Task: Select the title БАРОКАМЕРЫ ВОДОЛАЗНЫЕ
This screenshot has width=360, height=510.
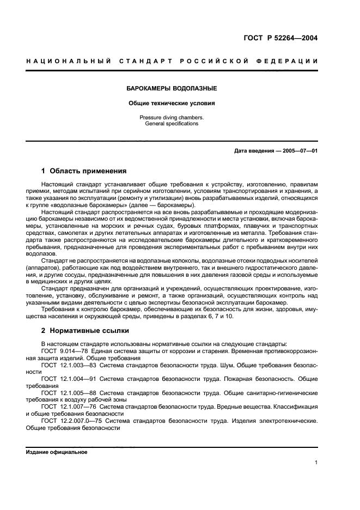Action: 172,88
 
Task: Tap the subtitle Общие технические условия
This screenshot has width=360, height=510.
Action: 172,102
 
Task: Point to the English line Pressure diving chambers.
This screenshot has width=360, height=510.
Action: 172,117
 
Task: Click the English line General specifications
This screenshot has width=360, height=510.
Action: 172,124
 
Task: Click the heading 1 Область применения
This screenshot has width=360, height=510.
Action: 84,171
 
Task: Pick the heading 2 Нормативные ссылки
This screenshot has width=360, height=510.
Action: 86,331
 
